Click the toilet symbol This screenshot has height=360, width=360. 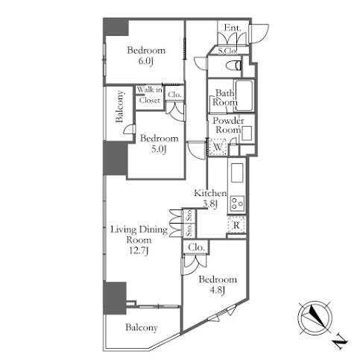tap(234, 66)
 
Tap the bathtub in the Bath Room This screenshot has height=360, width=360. tap(244, 95)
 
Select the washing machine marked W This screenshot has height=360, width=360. tap(218, 147)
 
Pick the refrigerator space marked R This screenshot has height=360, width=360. tap(236, 225)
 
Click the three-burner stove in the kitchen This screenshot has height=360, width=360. tap(237, 203)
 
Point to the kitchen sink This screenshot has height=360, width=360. tap(237, 173)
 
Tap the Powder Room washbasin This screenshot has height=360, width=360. tap(247, 133)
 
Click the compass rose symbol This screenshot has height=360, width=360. tap(315, 318)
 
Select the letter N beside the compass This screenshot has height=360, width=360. tap(339, 343)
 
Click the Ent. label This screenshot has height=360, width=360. tap(233, 28)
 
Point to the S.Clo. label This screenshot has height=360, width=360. tap(227, 51)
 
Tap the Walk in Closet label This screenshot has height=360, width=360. tap(150, 95)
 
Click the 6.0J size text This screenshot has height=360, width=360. tap(145, 61)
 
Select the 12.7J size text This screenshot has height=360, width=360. tap(139, 251)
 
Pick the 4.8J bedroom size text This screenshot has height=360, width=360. tap(218, 290)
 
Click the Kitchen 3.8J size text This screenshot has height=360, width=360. tap(210, 204)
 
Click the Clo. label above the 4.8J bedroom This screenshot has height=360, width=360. tap(196, 247)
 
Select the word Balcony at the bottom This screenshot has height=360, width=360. tap(142, 327)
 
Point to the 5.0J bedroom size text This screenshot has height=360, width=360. tap(159, 149)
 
